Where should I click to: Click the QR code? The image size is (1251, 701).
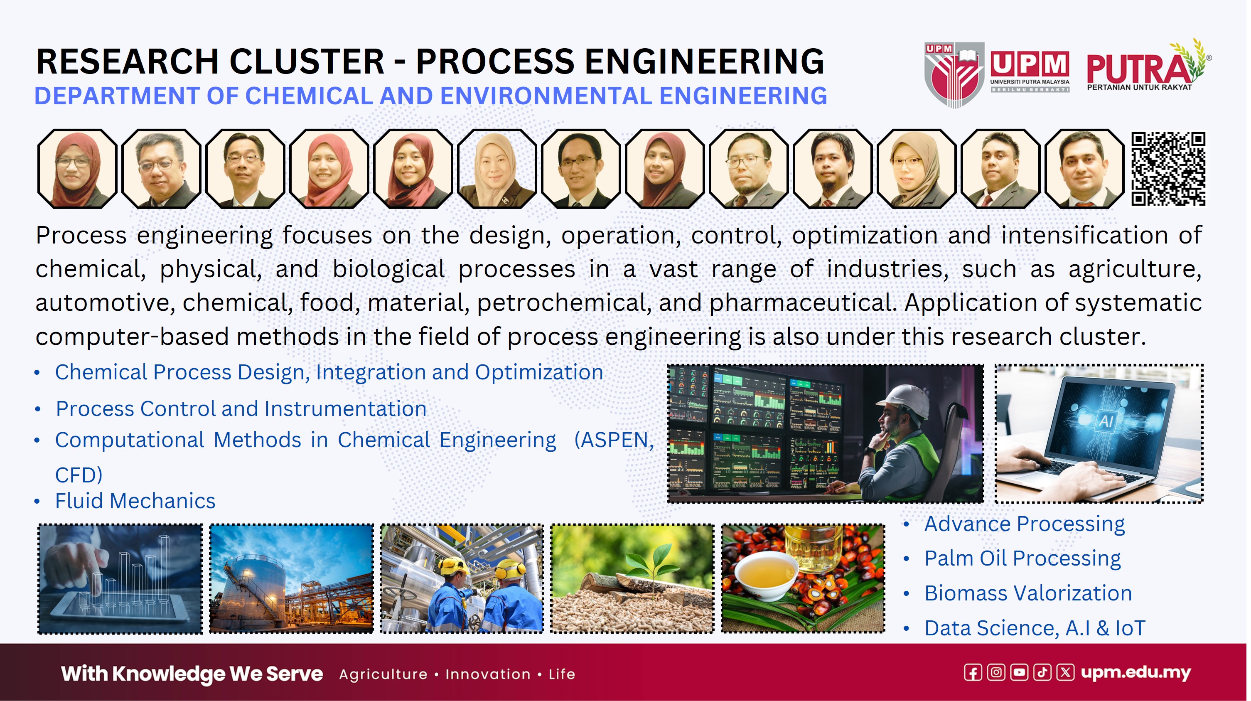pos(1168,169)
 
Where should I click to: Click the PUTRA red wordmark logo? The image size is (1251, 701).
pos(1144,66)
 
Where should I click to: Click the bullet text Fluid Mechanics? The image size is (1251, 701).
pos(135,501)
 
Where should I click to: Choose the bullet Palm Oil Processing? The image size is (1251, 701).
pos(1022,558)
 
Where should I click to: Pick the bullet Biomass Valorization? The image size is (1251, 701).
pos(1028,593)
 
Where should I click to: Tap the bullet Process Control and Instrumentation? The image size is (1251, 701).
pos(241,408)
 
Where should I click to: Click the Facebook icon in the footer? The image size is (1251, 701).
pos(973,673)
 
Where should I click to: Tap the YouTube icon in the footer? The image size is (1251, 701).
pos(1019,673)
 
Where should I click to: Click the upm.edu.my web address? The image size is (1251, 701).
pos(1136,673)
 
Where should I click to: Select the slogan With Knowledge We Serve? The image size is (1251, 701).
pos(192,674)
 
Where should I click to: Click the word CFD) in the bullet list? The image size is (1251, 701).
pos(79,475)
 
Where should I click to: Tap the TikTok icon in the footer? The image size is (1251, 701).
pos(1042,673)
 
